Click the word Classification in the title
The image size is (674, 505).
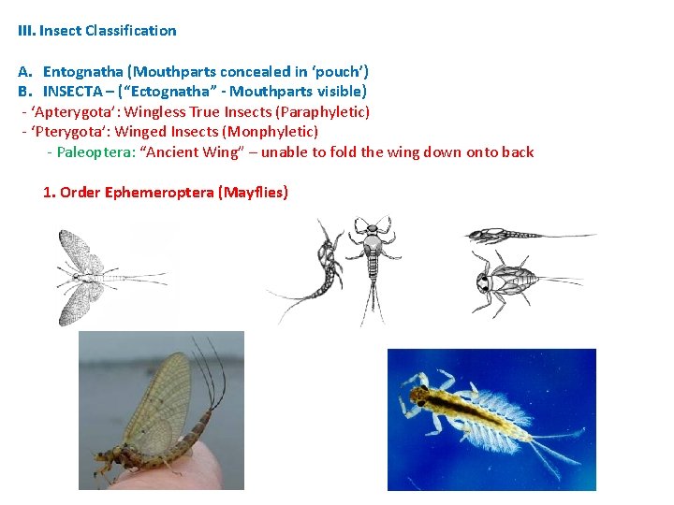coord(130,31)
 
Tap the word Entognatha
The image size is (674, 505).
coord(83,72)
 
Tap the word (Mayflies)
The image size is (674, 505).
coord(253,193)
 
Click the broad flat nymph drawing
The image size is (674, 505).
coord(510,278)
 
